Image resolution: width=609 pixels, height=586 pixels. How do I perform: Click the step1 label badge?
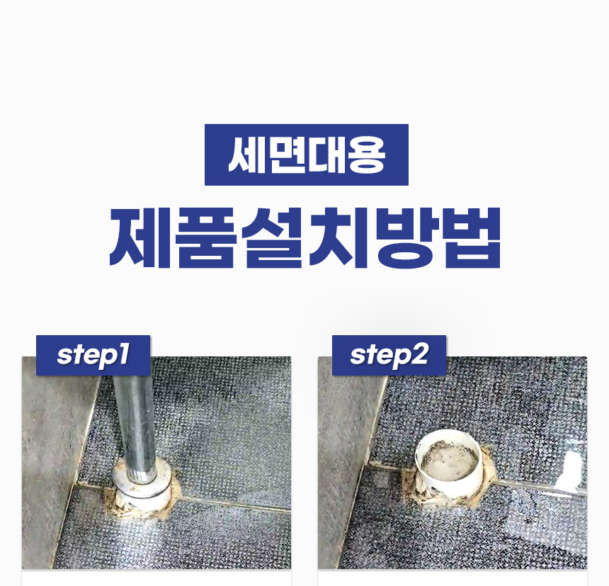pyautogui.click(x=93, y=355)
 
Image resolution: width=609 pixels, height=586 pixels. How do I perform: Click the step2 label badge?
pyautogui.click(x=389, y=355)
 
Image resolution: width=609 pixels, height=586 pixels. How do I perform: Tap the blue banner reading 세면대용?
pyautogui.click(x=307, y=154)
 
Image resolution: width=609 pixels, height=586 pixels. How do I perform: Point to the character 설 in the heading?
pyautogui.click(x=273, y=237)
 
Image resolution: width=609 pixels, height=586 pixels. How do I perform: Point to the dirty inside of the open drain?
pyautogui.click(x=448, y=463)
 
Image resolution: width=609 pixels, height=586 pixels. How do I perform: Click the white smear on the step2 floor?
pyautogui.click(x=569, y=471)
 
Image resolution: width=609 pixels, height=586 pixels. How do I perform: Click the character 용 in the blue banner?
pyautogui.click(x=366, y=154)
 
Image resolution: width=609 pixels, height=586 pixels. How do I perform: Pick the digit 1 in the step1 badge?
pyautogui.click(x=123, y=354)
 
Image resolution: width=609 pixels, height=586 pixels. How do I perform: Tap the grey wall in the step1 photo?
pyautogui.click(x=50, y=466)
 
